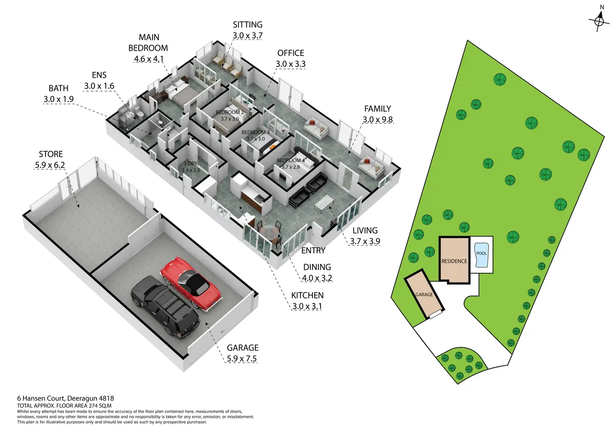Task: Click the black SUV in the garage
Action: pos(165,305)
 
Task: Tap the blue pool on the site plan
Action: pos(481,255)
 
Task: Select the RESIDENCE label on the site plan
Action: pos(454,261)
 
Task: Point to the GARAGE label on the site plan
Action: pos(424,295)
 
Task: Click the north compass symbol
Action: pos(599,20)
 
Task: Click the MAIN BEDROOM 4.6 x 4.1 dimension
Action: pos(149,59)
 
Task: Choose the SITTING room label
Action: pos(248,25)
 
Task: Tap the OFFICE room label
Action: pos(291,53)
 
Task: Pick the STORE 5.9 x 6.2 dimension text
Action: pos(50,165)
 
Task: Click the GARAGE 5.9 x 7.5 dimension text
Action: pos(242,359)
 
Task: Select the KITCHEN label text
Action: pos(307,295)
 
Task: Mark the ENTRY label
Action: pos(313,250)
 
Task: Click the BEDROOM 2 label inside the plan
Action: pos(230,112)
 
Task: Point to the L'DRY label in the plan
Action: pos(191,164)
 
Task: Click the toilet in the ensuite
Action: pos(140,114)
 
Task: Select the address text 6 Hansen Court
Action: pos(66,398)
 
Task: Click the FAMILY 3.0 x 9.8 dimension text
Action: pos(378,120)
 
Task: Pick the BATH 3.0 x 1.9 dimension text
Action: pos(58,99)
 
